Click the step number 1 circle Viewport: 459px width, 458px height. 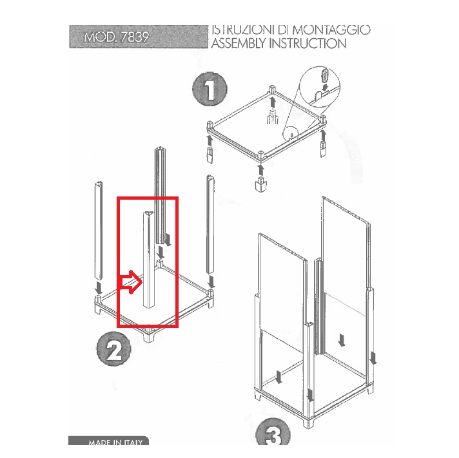210,89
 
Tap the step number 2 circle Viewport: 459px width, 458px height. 114,348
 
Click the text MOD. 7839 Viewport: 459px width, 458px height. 117,37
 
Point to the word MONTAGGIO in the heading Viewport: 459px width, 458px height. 331,30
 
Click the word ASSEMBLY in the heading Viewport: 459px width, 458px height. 239,43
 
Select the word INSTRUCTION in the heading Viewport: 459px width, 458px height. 308,43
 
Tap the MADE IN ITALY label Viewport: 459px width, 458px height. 115,442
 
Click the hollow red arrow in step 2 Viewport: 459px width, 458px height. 130,282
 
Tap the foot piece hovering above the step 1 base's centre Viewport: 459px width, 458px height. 273,117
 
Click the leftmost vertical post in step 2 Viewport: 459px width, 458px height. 99,231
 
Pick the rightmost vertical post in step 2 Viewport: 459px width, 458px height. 210,225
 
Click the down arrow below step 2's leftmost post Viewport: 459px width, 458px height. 99,288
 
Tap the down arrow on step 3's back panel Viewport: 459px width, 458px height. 342,339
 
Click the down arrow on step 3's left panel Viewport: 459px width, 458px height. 278,377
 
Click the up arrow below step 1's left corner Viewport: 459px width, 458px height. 210,141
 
